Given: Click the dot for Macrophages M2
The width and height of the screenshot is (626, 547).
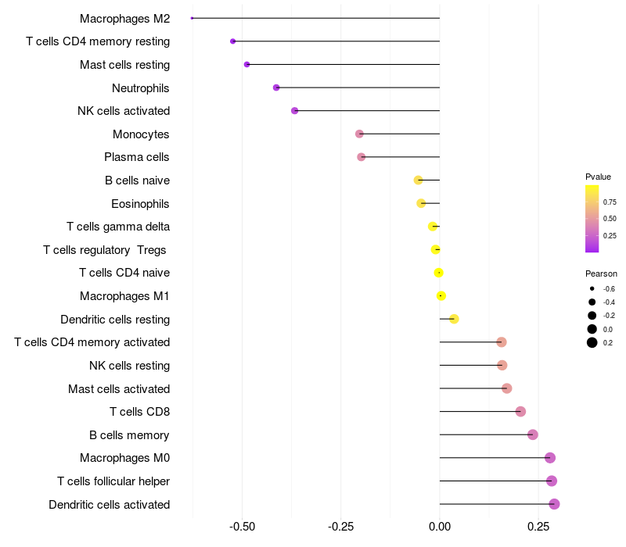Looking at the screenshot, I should [192, 18].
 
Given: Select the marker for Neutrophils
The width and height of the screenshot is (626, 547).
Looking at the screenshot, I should [276, 88].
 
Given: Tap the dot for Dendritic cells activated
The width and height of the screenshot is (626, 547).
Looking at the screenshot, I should [554, 504].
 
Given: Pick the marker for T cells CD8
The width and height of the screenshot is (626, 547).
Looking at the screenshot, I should [520, 411].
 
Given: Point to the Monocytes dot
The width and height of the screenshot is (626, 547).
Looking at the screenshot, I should [359, 134].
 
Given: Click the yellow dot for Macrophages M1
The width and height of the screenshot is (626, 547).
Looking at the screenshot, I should [441, 295].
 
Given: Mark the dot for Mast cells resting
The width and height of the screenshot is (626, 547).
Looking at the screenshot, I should [246, 64].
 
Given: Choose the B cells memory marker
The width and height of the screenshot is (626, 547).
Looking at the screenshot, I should [533, 434].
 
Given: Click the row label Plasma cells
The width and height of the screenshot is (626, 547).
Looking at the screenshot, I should [137, 157].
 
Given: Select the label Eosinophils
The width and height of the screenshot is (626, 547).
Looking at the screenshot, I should [140, 204].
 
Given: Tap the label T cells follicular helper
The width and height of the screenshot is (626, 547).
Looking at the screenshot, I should [113, 481].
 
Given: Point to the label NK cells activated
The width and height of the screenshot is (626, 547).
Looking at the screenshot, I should [124, 111].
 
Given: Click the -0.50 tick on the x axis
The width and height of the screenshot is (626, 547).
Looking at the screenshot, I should [242, 527].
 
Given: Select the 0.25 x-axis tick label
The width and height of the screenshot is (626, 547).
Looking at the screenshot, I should [538, 527].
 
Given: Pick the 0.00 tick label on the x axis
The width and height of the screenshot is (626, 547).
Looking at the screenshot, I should [440, 527].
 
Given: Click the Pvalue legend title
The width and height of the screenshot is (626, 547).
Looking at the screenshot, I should [598, 177].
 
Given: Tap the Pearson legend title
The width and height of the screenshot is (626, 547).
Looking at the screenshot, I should [601, 274].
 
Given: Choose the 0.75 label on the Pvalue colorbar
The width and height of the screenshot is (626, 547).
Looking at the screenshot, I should [610, 202].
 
